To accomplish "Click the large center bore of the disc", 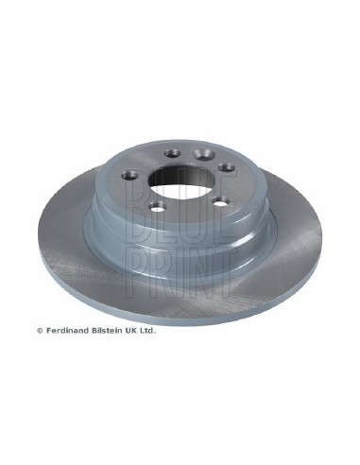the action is point(180,181).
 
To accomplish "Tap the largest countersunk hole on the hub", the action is point(204,154).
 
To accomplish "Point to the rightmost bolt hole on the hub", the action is point(227,167).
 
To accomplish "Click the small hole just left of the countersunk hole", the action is point(173,153).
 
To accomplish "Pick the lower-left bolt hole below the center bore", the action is point(158,206).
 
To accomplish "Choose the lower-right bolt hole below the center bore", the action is point(220,201).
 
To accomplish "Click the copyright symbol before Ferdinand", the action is point(40,331).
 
